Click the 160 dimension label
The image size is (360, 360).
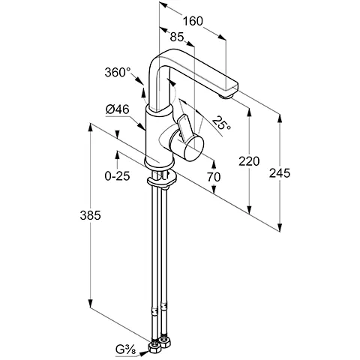193,22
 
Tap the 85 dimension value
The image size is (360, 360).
177,37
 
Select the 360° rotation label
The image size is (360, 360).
118,73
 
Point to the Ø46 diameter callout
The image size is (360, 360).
117,109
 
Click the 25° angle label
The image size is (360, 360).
221,123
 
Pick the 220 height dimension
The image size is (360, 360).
249,161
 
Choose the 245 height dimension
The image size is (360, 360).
280,173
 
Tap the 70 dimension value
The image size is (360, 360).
214,177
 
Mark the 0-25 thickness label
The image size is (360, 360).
117,176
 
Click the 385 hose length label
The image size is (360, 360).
90,215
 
